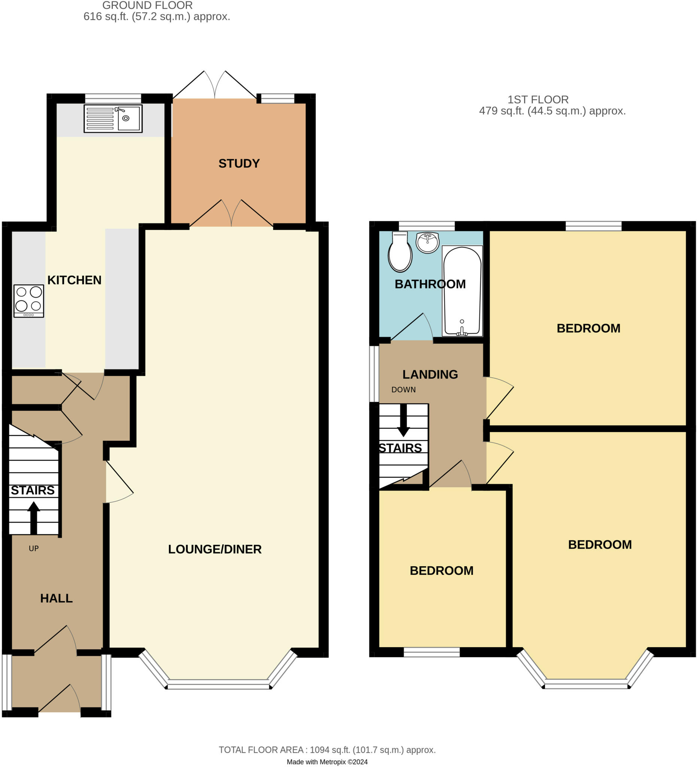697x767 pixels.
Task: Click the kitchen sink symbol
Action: click(113, 119)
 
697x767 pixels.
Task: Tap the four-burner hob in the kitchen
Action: click(29, 301)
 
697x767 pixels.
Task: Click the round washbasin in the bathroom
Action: click(428, 242)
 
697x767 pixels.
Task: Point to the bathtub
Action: click(462, 291)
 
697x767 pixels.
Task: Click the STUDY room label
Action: click(239, 164)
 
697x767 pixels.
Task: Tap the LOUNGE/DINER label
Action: click(215, 549)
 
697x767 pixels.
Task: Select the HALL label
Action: click(56, 598)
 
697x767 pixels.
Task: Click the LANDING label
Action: click(430, 375)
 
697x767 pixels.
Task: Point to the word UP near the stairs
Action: click(34, 548)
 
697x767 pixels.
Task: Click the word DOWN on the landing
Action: click(404, 389)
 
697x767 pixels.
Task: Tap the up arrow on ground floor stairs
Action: click(33, 518)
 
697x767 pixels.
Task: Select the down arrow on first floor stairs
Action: click(403, 420)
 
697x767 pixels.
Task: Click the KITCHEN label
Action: click(74, 280)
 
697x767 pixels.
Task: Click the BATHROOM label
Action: click(430, 284)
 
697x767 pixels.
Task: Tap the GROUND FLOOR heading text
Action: click(148, 5)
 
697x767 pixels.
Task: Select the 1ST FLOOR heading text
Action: click(538, 100)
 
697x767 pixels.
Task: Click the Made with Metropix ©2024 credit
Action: click(327, 762)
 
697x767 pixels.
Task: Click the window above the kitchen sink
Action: click(113, 98)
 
